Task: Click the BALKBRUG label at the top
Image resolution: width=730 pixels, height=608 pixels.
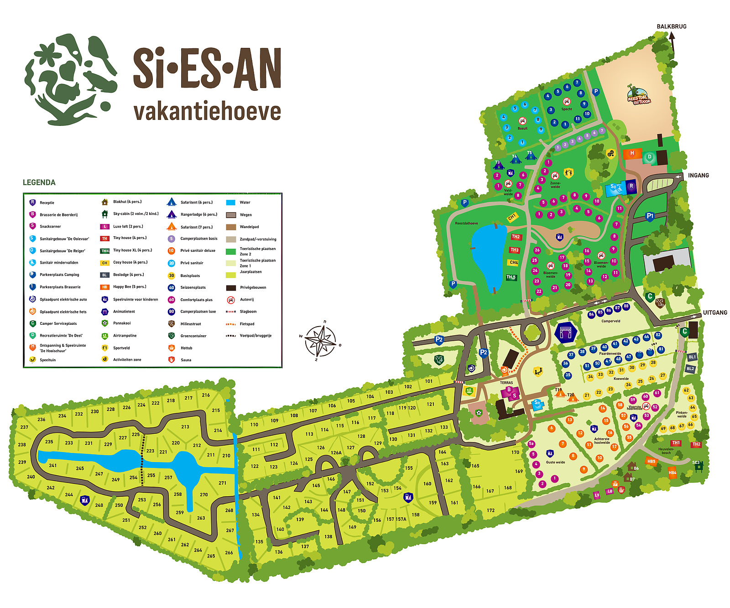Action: coord(671,26)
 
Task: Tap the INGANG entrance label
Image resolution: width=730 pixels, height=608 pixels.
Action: coord(698,175)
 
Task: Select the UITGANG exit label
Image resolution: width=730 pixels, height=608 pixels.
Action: coord(714,312)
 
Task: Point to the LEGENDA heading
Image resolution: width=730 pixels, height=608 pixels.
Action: coord(39,182)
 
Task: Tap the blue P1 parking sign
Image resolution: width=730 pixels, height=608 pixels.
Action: coord(650,216)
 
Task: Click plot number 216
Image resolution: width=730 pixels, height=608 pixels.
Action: coord(206,395)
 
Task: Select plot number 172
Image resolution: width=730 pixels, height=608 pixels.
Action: coord(490,510)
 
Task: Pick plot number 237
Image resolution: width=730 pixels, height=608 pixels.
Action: coord(24,427)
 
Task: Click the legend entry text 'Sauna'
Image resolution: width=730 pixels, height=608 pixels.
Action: coord(186,360)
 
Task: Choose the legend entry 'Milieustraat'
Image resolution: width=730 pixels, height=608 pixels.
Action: coord(190,324)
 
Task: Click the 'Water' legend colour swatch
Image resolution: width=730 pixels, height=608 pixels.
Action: coord(230,203)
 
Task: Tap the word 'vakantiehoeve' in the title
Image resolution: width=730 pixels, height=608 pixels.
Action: coord(207,112)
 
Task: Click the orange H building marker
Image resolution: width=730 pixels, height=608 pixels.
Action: coord(632,153)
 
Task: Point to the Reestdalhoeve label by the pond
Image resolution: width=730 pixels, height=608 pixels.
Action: coord(466,223)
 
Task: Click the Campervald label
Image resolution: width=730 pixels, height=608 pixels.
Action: coord(610,321)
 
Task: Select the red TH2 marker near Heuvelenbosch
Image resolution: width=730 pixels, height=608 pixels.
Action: coord(696,444)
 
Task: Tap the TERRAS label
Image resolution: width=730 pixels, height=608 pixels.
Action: coord(506,383)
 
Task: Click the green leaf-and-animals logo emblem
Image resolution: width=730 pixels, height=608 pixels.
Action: coord(71,79)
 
